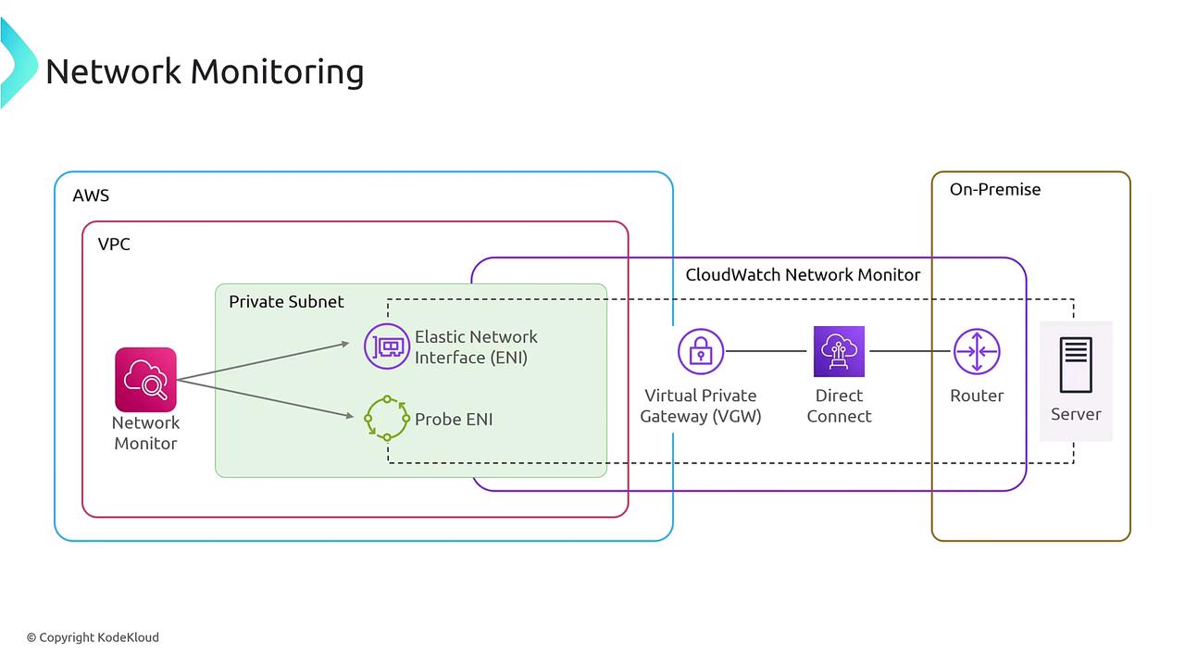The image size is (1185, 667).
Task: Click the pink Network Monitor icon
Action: [x=145, y=379]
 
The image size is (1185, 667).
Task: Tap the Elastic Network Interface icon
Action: [x=386, y=346]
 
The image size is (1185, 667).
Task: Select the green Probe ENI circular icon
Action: [x=386, y=418]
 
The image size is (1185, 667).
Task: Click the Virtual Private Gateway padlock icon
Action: [x=700, y=351]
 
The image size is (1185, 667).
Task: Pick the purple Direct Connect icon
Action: [x=839, y=351]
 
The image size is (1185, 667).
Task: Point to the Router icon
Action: [x=977, y=351]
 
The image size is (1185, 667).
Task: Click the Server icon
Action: [x=1076, y=365]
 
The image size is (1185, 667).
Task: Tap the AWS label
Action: [x=91, y=195]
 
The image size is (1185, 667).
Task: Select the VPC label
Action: [x=114, y=245]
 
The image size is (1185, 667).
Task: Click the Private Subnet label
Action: [x=286, y=302]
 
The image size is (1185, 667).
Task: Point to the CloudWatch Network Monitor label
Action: [x=803, y=274]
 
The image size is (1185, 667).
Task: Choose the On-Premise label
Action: [x=995, y=189]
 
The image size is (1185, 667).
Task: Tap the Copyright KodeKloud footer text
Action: [x=93, y=637]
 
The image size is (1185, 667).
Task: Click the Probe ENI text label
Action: [x=454, y=419]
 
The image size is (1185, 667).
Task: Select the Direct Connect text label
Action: [x=839, y=406]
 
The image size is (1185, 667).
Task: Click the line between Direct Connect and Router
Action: [x=911, y=351]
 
